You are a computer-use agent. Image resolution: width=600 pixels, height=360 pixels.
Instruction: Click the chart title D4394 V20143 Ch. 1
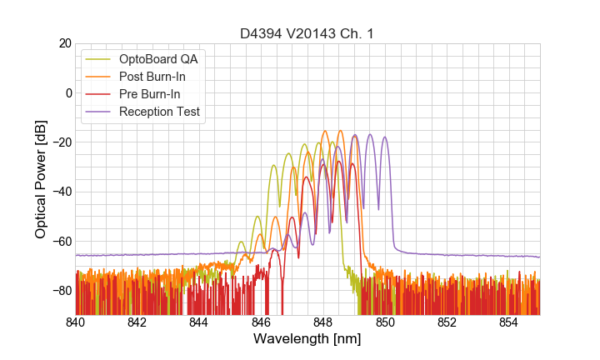tap(307, 33)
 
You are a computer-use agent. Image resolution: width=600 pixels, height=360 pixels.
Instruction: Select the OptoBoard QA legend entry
tap(158, 59)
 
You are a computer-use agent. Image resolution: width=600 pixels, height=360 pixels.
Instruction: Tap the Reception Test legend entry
tap(159, 112)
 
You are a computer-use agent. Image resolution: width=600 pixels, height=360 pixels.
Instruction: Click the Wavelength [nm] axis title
tap(307, 339)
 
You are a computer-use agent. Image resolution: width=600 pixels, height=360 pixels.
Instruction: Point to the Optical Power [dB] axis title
tap(41, 179)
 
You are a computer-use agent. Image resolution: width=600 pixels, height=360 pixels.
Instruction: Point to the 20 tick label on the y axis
tap(64, 43)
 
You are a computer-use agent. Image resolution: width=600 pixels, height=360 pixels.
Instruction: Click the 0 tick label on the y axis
tap(67, 92)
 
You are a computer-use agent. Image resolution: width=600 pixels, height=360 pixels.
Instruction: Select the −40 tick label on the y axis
tap(60, 192)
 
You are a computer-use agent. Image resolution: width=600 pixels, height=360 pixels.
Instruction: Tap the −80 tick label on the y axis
tap(60, 291)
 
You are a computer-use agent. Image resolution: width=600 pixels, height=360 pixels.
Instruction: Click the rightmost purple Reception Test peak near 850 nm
tap(385, 137)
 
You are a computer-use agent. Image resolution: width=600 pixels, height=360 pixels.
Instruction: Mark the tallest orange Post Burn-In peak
tap(340, 131)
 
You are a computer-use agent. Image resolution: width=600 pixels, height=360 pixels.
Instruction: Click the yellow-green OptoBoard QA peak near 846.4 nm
tap(273, 165)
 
